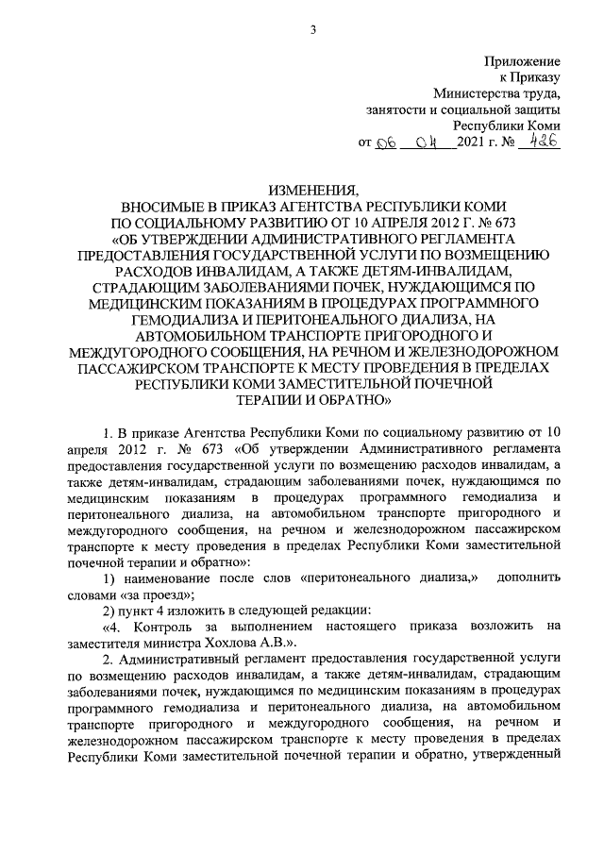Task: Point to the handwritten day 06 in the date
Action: click(x=388, y=142)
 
